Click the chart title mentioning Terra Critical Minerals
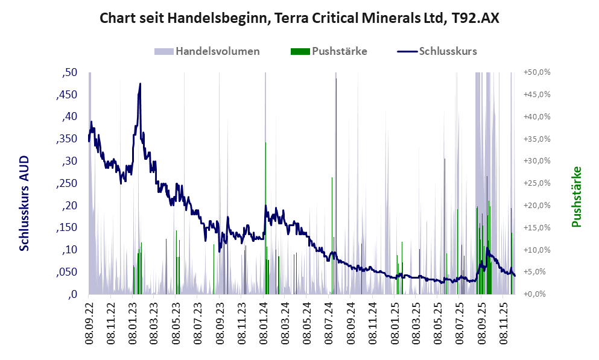point(299,19)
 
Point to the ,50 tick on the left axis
point(70,72)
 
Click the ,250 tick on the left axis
point(67,183)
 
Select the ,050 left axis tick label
point(67,272)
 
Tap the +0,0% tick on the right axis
point(538,294)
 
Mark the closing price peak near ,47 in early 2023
point(140,84)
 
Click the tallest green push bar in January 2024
point(265,181)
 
